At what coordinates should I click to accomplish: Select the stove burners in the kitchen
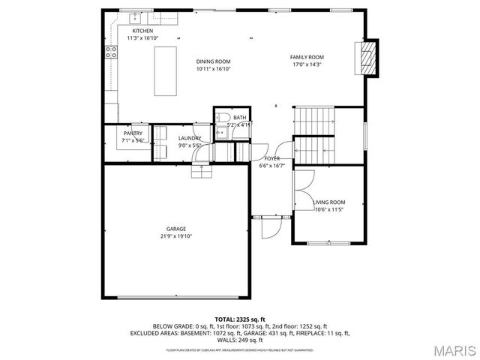111,52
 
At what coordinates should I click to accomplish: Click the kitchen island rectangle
165,70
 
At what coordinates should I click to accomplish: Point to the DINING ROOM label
213,61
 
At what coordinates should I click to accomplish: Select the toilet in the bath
223,117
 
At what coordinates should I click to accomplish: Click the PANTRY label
133,133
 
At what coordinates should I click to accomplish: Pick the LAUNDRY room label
188,138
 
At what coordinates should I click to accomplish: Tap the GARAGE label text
176,229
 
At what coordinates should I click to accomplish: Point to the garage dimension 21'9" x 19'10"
176,236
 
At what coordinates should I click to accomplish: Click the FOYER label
271,159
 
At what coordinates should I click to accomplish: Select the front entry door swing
270,224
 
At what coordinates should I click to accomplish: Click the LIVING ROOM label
328,202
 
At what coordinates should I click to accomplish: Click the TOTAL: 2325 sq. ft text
240,319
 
